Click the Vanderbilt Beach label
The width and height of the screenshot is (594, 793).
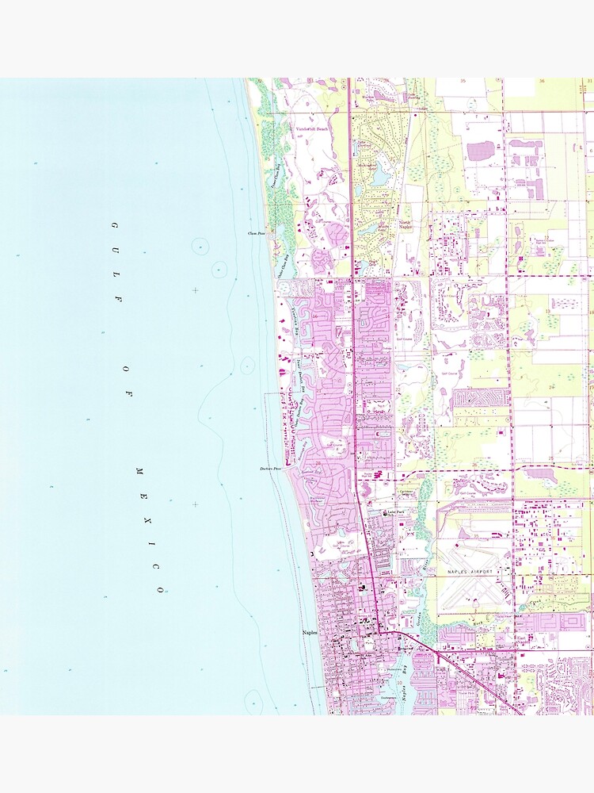311,128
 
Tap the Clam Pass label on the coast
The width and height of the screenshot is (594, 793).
256,234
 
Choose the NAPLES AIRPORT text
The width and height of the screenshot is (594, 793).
471,571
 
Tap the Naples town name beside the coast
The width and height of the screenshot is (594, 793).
310,632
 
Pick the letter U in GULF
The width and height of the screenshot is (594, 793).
117,251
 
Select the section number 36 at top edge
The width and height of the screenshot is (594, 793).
543,81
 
